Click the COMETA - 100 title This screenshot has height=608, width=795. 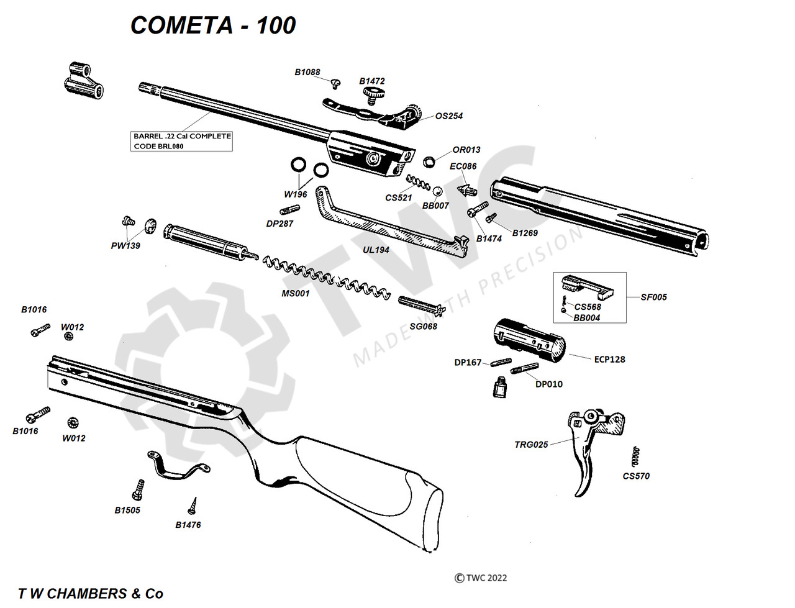coord(213,25)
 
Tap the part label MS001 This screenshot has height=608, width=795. coord(295,293)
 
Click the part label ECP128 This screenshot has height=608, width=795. coord(609,360)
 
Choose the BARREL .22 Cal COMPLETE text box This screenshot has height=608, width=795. coord(183,141)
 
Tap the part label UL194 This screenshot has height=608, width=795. coord(376,250)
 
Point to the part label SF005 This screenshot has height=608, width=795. coord(653,297)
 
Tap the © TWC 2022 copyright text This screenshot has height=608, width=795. coord(481,578)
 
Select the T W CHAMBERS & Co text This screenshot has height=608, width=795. coord(91,594)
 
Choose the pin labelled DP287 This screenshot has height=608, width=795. coord(289,210)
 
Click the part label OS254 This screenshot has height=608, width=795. coord(448,116)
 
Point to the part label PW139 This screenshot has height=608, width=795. coord(125,246)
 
